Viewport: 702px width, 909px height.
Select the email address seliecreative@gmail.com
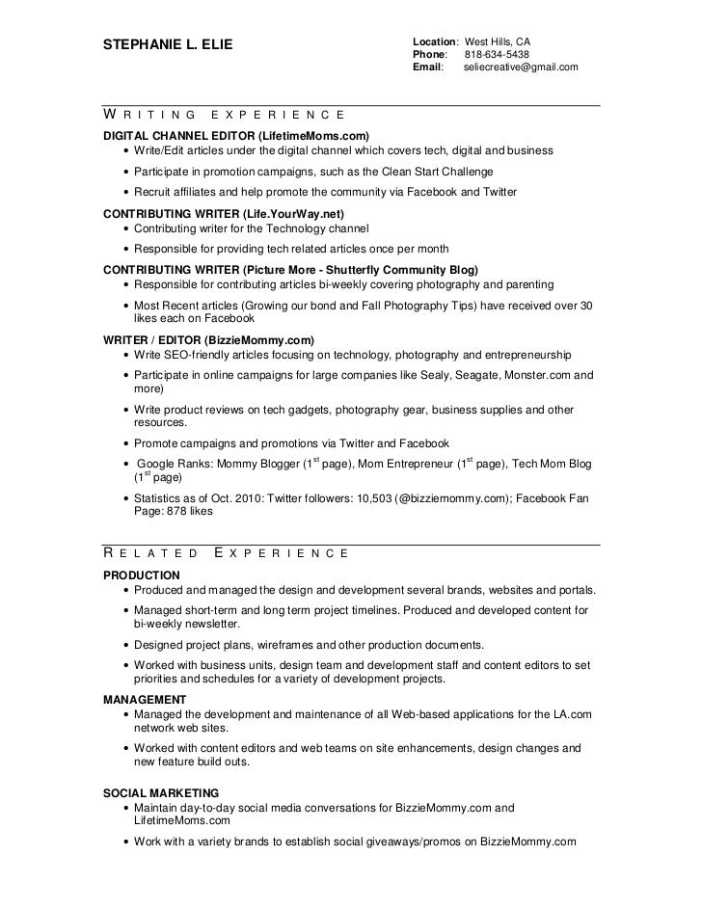[521, 67]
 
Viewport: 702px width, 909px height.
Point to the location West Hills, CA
[498, 42]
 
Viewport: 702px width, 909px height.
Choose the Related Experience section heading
[226, 553]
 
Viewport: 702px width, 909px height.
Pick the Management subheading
[145, 699]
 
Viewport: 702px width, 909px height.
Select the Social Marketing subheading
[156, 791]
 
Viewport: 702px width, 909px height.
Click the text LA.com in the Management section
[574, 714]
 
